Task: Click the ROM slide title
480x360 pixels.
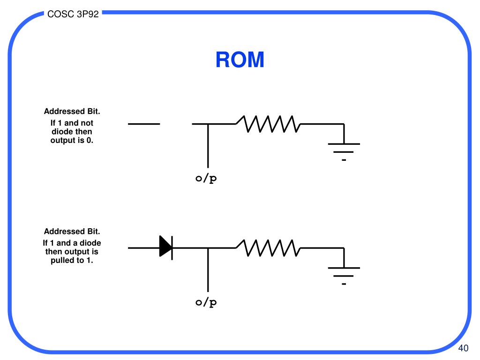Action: point(240,60)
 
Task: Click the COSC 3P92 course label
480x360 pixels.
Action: point(73,14)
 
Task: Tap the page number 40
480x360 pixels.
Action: point(463,348)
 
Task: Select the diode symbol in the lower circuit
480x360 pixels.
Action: point(166,248)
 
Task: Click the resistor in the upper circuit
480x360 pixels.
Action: point(268,124)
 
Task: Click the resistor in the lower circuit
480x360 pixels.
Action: point(268,248)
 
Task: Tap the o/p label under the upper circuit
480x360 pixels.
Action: point(206,178)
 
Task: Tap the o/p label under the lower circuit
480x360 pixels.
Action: point(206,302)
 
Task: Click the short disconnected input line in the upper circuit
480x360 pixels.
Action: point(144,124)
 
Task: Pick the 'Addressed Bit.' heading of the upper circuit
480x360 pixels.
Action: point(72,111)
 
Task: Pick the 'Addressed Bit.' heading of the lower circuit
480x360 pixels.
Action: point(72,231)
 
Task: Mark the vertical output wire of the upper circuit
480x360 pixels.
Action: point(208,146)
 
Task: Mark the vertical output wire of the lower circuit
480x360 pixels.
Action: point(208,270)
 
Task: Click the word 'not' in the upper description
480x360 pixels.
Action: point(87,123)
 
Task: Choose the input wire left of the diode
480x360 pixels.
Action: point(144,248)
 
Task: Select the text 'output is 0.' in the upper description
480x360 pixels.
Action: point(72,140)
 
